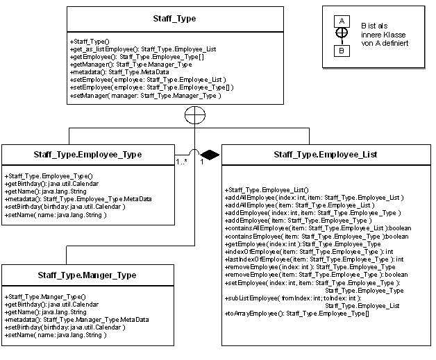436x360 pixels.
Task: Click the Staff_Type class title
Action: click(x=174, y=19)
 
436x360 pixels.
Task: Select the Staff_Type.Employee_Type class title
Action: click(x=87, y=155)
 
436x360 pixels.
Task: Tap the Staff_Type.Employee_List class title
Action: click(x=326, y=155)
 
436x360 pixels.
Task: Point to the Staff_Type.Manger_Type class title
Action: click(x=87, y=275)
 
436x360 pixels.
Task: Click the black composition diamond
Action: click(x=210, y=155)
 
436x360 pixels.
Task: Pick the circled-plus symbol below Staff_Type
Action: click(x=195, y=115)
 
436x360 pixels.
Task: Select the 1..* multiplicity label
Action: click(x=181, y=162)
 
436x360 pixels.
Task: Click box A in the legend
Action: click(x=342, y=21)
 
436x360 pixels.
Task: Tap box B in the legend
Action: click(x=342, y=51)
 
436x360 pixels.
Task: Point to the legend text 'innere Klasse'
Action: click(x=383, y=35)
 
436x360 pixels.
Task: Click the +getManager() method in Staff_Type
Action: click(x=131, y=65)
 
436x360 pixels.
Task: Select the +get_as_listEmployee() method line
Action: click(x=143, y=49)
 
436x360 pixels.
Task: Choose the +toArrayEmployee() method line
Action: click(x=297, y=314)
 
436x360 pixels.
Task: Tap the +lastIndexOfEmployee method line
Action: click(x=315, y=259)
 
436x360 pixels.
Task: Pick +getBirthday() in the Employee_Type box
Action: click(x=51, y=184)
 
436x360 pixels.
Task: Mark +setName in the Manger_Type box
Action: click(x=56, y=335)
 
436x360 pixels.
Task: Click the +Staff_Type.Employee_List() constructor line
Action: click(x=267, y=190)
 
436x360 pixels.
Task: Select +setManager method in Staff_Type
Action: click(x=146, y=96)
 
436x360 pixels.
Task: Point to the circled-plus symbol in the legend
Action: click(x=342, y=33)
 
